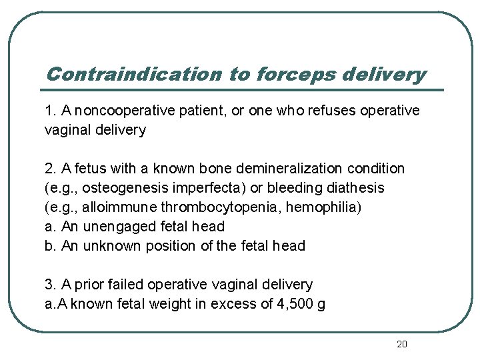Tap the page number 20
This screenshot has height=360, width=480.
tap(401, 344)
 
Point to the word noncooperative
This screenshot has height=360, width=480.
tap(125, 110)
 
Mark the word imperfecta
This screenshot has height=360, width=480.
tap(213, 188)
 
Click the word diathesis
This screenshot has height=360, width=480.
tap(357, 188)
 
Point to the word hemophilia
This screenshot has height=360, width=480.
tap(321, 207)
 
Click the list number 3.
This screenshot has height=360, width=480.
tap(49, 285)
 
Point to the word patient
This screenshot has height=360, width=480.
tap(201, 110)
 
